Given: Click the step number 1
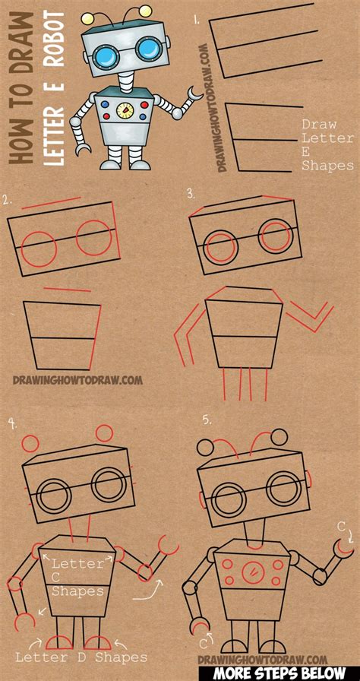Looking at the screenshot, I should tap(196, 20).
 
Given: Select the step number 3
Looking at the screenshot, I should tap(191, 194).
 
